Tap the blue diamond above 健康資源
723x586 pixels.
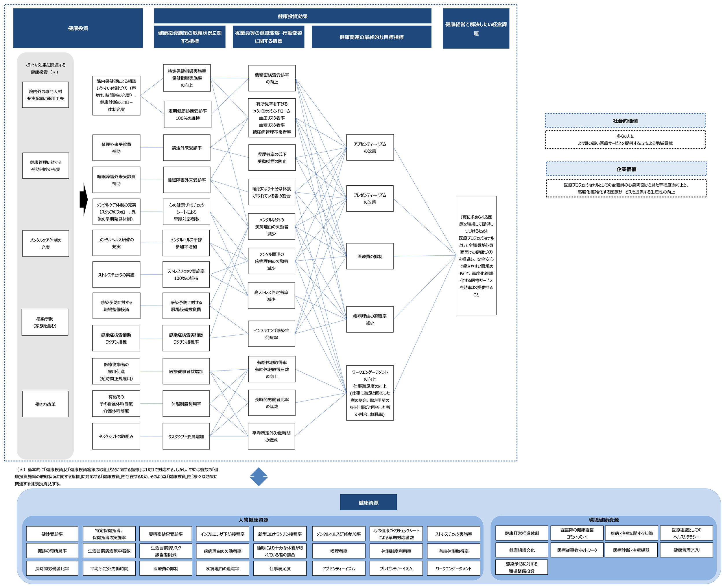pyautogui.click(x=259, y=477)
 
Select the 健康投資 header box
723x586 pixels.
pyautogui.click(x=78, y=28)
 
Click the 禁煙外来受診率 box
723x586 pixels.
pyautogui.click(x=187, y=148)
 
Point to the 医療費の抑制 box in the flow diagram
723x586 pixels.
pyautogui.click(x=370, y=256)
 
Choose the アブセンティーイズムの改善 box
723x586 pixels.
pyautogui.click(x=370, y=148)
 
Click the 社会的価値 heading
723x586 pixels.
pyautogui.click(x=625, y=121)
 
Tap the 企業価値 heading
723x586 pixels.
pyautogui.click(x=626, y=169)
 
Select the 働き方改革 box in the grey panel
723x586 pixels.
pyautogui.click(x=46, y=404)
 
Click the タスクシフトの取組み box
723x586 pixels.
pyautogui.click(x=116, y=436)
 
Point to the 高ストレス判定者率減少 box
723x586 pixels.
pyautogui.click(x=271, y=296)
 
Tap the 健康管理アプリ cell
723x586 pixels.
pyautogui.click(x=686, y=550)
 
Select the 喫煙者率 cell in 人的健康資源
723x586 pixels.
pyautogui.click(x=339, y=551)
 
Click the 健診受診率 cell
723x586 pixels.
pyautogui.click(x=52, y=534)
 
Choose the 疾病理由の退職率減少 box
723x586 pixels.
pyautogui.click(x=370, y=319)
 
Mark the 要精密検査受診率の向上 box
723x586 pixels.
pyautogui.click(x=272, y=78)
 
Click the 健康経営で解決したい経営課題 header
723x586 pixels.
pyautogui.click(x=476, y=28)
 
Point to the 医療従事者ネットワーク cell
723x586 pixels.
pyautogui.click(x=577, y=550)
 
